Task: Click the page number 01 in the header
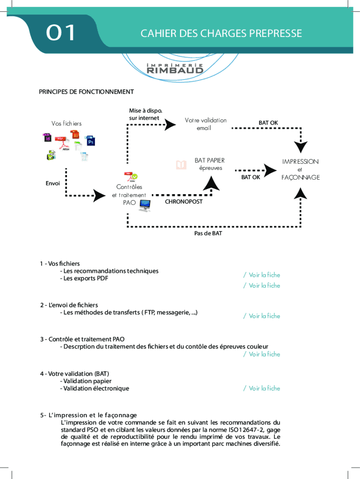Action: point(61,33)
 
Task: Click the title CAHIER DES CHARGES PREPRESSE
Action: point(221,34)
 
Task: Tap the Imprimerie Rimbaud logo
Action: point(175,68)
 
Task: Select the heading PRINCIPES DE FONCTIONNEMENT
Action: point(86,92)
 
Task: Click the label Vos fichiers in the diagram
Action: point(66,123)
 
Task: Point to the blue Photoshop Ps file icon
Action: point(91,141)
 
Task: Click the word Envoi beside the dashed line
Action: point(53,183)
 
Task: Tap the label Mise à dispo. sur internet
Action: point(145,115)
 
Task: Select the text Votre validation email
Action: point(205,124)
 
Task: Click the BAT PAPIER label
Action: point(209,160)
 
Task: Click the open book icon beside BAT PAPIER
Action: point(180,165)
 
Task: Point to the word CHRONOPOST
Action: point(184,202)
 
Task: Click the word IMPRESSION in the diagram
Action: point(300,161)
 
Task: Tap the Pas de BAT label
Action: point(208,233)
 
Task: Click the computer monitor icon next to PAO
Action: point(144,205)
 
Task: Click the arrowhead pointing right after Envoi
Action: point(99,196)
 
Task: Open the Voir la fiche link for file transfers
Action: point(262,316)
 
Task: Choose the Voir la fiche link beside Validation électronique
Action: point(262,388)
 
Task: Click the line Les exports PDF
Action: point(84,278)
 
